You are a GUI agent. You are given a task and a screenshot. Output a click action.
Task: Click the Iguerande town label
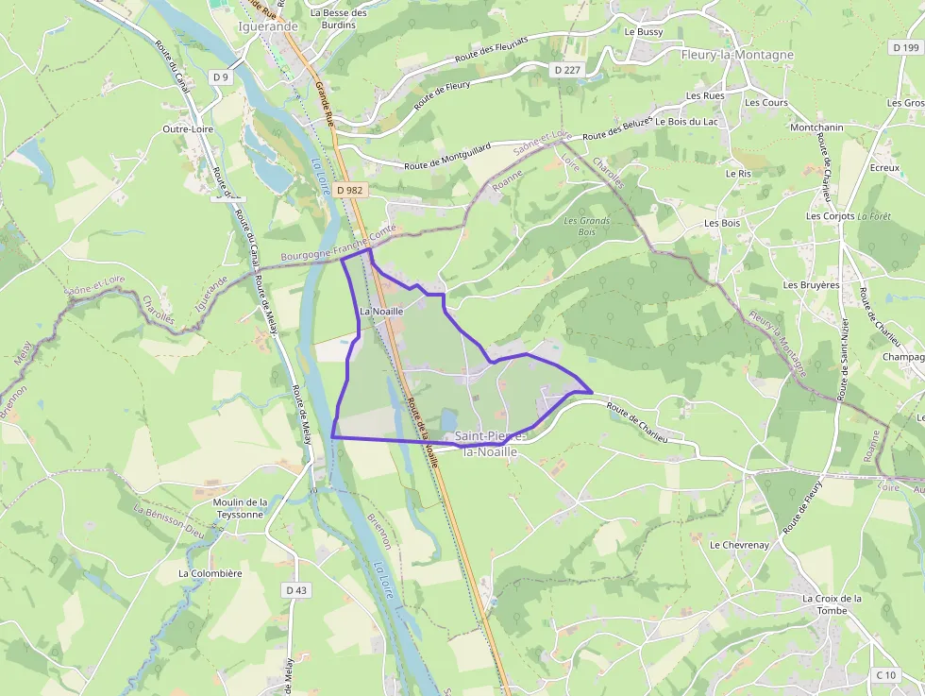269,26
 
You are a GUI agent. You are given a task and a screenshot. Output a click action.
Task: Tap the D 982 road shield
349,190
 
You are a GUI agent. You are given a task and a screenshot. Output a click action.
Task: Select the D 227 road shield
567,70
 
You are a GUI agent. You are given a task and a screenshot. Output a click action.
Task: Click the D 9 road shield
221,77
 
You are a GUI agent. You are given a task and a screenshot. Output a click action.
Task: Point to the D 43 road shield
295,590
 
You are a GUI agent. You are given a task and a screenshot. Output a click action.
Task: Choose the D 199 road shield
904,47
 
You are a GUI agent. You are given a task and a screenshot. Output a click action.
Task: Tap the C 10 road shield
885,674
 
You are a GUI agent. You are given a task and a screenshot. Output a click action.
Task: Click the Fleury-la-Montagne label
737,55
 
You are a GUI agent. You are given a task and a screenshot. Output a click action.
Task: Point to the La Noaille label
381,311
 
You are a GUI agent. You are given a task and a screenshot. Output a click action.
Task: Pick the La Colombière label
210,573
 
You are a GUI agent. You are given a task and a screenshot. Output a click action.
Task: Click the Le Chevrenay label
739,545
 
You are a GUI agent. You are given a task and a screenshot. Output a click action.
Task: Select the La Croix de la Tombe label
832,604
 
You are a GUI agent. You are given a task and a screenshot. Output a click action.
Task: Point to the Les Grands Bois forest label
586,226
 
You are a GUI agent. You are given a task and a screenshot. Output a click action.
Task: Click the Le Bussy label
644,32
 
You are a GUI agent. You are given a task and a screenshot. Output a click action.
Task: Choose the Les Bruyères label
811,284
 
